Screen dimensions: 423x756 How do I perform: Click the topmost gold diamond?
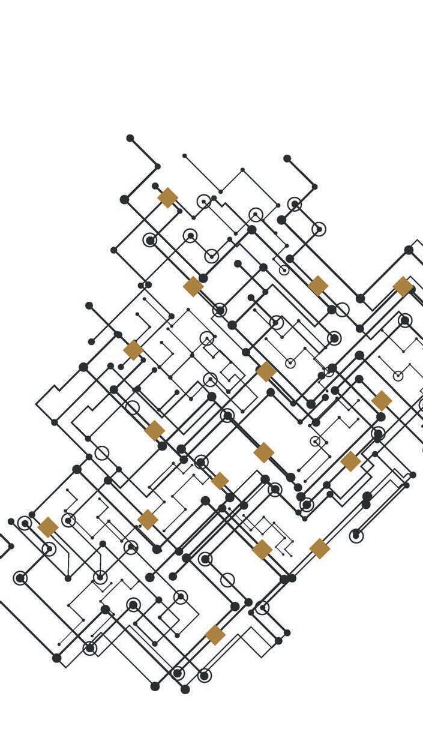point(167,197)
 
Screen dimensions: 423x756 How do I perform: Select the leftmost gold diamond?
point(48,527)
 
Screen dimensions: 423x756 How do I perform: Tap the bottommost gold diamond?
point(215,635)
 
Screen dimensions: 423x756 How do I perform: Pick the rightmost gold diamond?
point(403,286)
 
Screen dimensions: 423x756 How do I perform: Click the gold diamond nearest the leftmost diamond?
point(148,520)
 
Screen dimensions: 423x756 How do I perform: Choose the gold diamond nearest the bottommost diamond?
point(262,549)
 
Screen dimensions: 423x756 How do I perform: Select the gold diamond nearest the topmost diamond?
point(193,286)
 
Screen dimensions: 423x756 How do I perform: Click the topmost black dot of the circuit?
point(130,138)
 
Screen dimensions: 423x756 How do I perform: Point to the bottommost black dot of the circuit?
point(185,689)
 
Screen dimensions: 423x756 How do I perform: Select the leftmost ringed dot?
point(20,578)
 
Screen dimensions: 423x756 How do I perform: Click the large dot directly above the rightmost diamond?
point(409,250)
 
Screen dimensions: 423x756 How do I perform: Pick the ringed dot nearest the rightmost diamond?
point(405,320)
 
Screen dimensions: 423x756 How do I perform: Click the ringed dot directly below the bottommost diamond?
point(205,676)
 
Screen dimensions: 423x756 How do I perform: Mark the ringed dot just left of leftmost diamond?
point(25,523)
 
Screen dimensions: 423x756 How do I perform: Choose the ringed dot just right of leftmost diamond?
point(69,520)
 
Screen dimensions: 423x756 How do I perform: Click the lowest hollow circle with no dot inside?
point(227,580)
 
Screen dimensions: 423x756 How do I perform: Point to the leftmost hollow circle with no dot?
point(102,453)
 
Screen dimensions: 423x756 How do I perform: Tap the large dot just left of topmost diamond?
point(124,199)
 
